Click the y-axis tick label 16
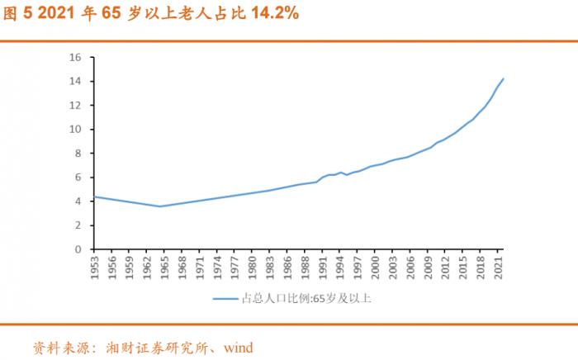(74, 57)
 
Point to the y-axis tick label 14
(74, 81)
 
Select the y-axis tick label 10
(74, 129)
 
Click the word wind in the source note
(237, 346)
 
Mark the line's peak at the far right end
(504, 78)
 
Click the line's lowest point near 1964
(160, 206)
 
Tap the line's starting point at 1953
(94, 197)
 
